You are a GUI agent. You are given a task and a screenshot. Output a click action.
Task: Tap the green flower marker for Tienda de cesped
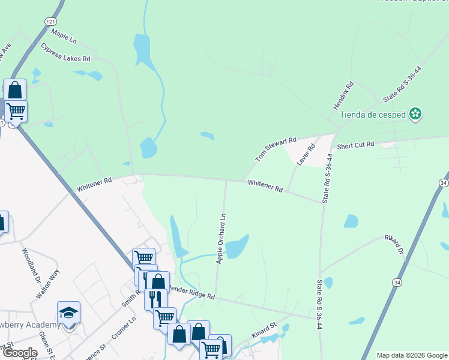[x=415, y=113]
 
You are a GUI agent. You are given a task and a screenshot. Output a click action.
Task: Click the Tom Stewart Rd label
[x=276, y=149]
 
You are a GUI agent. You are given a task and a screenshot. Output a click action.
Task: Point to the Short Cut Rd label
[x=355, y=145]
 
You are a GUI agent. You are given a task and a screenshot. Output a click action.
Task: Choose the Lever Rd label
[x=307, y=155]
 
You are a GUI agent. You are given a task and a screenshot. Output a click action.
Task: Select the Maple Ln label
[x=64, y=35]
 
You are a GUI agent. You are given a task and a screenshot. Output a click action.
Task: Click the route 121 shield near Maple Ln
[x=50, y=21]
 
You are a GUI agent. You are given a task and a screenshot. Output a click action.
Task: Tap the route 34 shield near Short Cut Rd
[x=444, y=182]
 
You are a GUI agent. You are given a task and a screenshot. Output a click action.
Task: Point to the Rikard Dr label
[x=396, y=245]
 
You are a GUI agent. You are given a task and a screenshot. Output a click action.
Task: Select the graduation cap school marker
[x=68, y=312]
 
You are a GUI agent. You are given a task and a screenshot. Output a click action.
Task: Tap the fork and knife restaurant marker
[x=155, y=298]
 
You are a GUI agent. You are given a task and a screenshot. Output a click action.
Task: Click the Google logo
[x=20, y=353]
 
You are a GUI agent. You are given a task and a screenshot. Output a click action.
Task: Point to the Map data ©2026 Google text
[x=411, y=355]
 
